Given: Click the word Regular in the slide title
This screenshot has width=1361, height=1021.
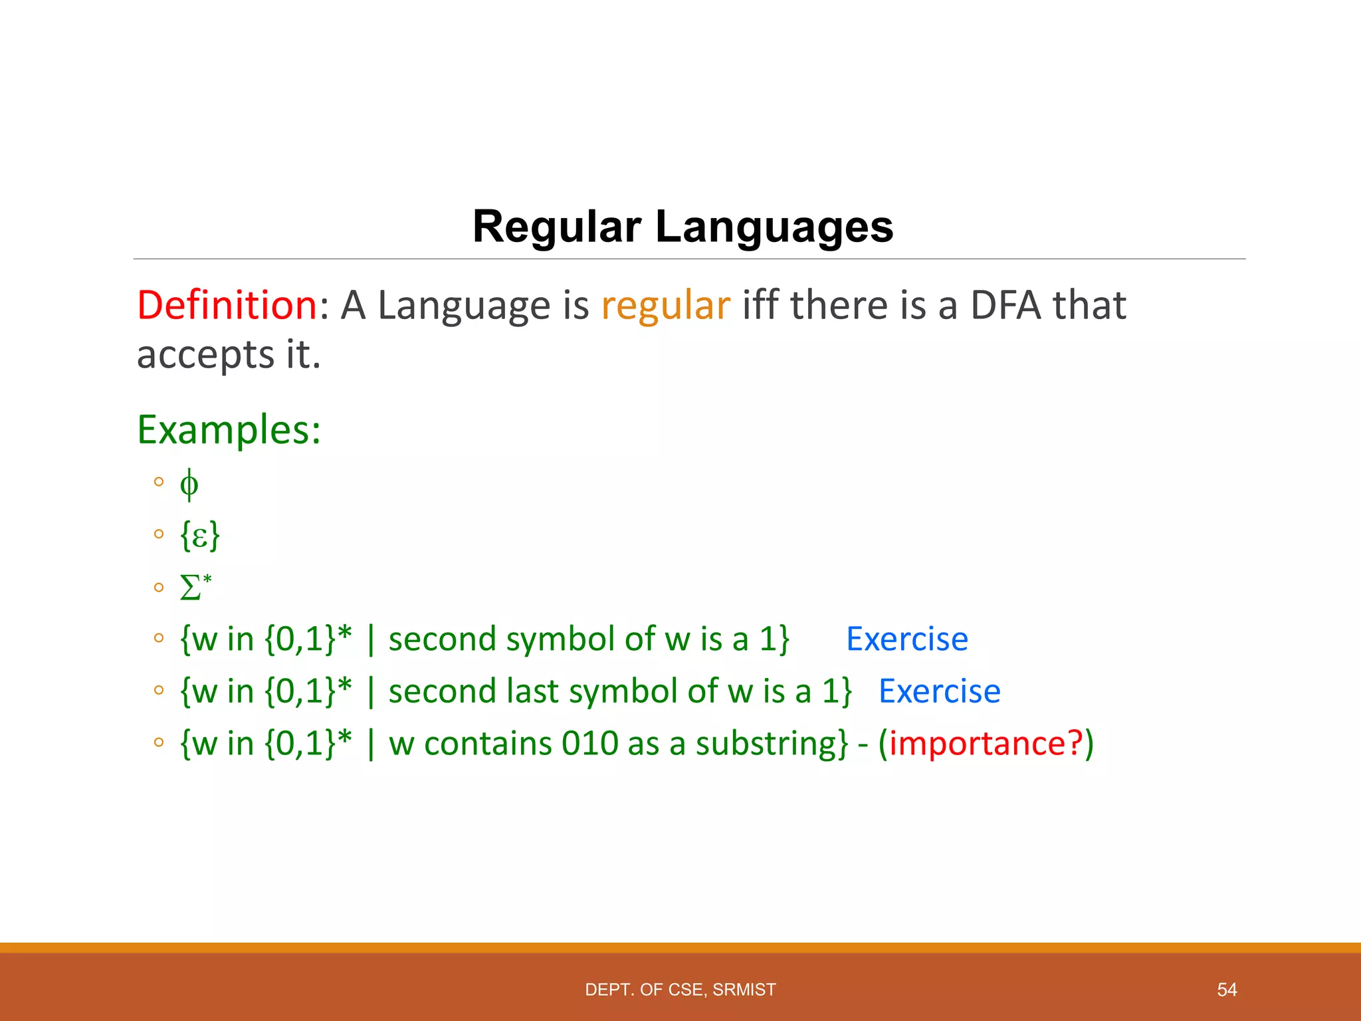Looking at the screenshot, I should click(x=557, y=227).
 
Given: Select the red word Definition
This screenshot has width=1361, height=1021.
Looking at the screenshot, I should click(x=227, y=305).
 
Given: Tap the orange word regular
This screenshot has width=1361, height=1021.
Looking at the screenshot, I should click(x=665, y=305).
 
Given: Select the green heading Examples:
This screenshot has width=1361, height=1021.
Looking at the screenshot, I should click(x=229, y=429).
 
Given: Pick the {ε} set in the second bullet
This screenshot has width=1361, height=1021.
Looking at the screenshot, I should click(x=199, y=535).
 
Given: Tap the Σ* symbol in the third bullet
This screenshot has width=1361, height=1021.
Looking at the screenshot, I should click(x=195, y=588).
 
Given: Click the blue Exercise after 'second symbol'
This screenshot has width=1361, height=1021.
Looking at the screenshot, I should click(x=906, y=639).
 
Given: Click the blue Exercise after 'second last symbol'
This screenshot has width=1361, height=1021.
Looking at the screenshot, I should click(x=939, y=691).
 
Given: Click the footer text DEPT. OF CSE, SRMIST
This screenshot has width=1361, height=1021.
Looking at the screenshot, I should click(x=680, y=990).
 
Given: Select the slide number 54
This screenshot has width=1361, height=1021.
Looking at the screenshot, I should click(x=1226, y=990).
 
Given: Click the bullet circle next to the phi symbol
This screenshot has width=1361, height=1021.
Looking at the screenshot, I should click(x=158, y=482).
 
